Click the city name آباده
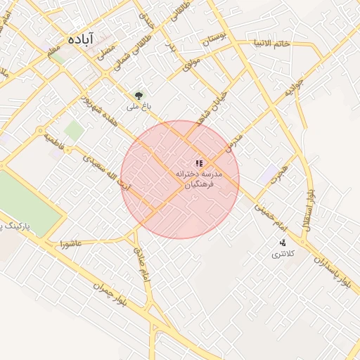tap(82, 40)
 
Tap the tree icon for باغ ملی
tap(139, 96)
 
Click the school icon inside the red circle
tap(199, 163)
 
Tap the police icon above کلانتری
tap(283, 242)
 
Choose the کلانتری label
tap(285, 253)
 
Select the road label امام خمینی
tap(271, 212)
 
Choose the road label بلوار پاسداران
tap(333, 271)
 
